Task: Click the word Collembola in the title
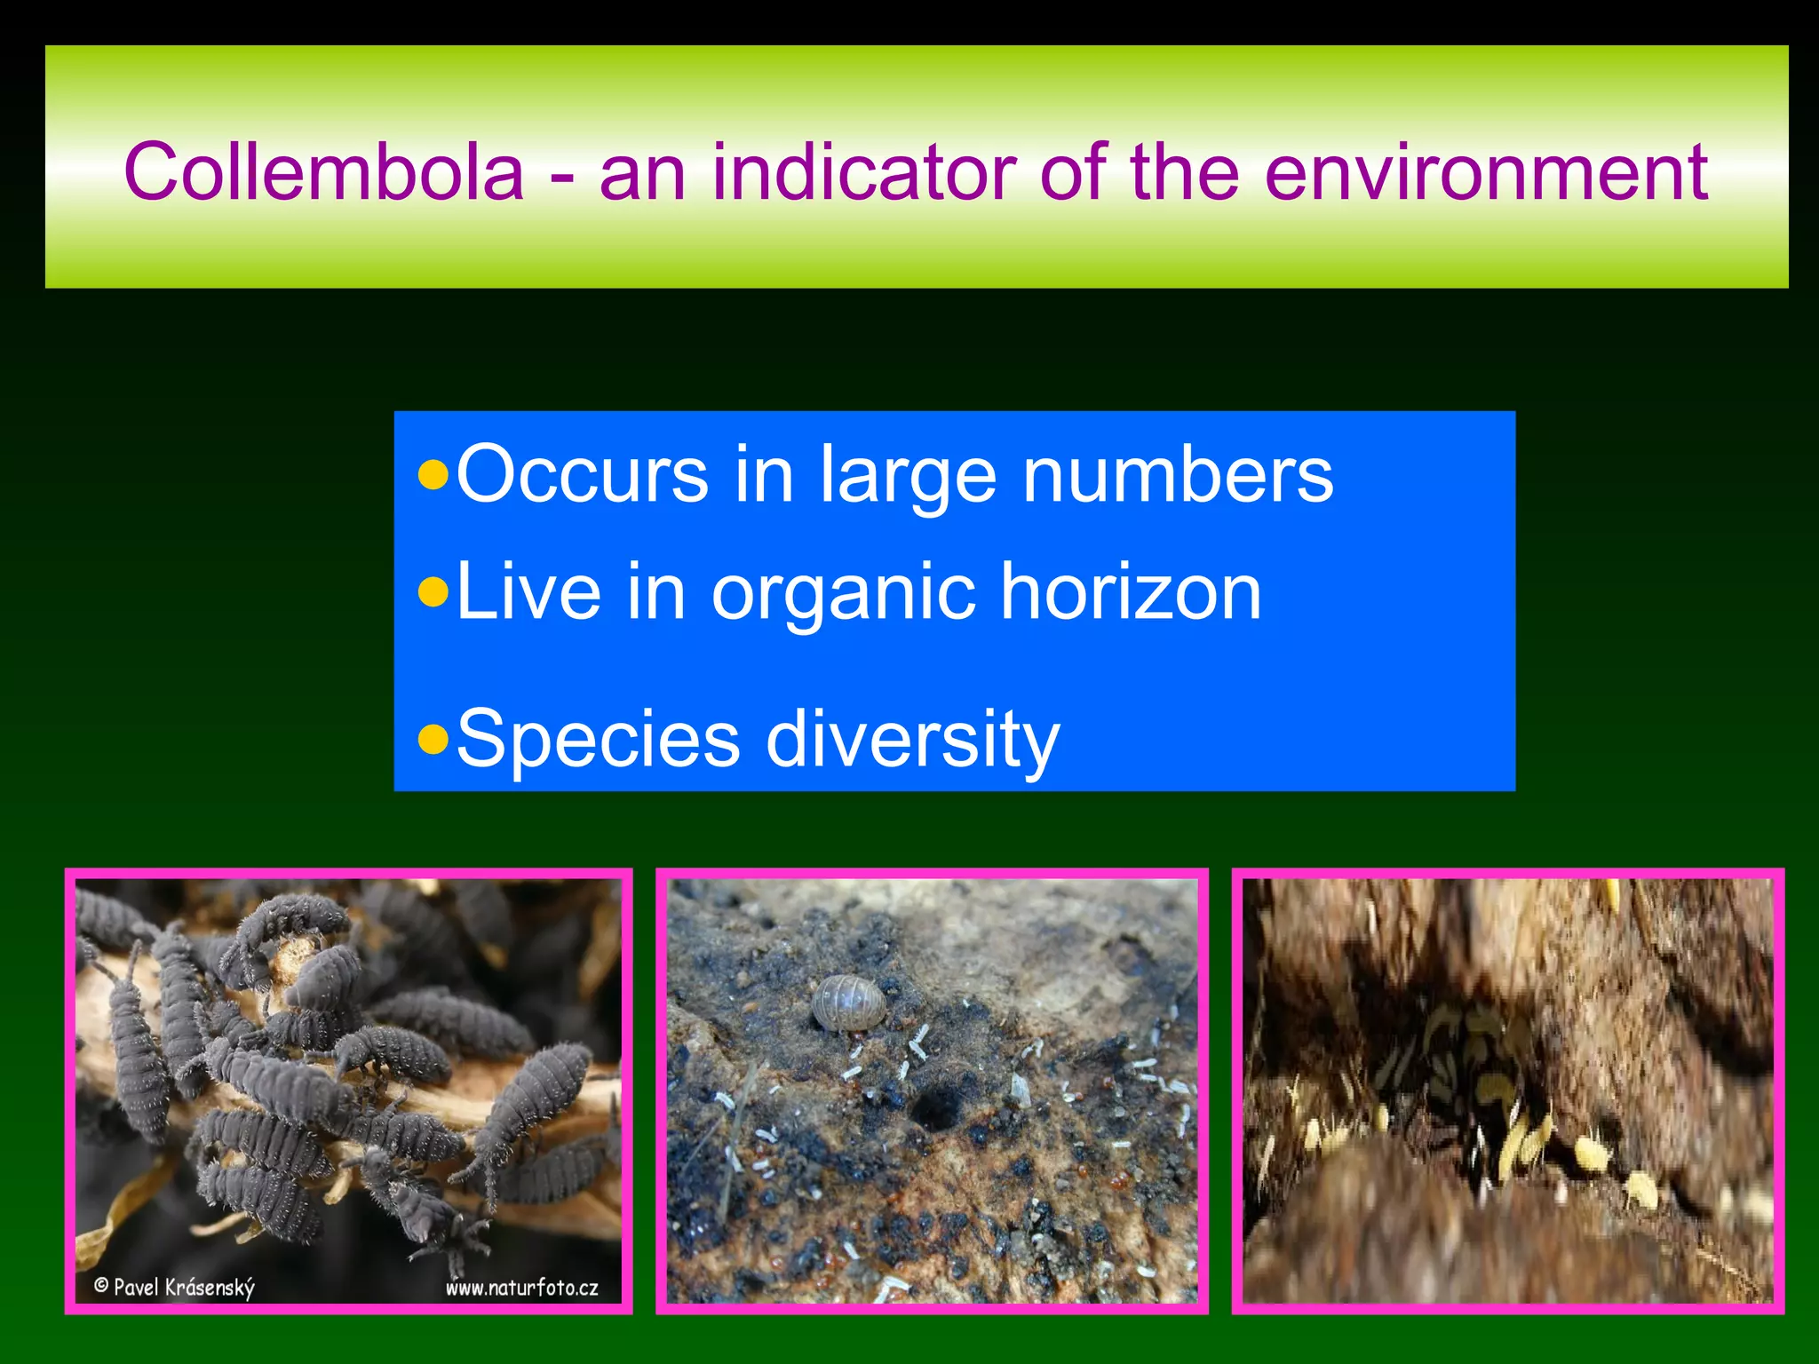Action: (324, 172)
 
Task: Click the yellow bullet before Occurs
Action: (433, 476)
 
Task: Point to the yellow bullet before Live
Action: (433, 592)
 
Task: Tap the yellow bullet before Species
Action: (433, 738)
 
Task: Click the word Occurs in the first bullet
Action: (582, 475)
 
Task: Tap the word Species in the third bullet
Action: (598, 739)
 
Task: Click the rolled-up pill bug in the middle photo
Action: (849, 1003)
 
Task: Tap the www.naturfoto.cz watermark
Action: (521, 1288)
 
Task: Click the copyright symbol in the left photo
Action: (101, 1285)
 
